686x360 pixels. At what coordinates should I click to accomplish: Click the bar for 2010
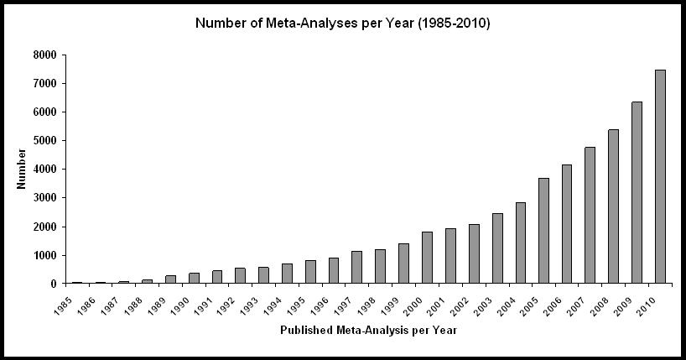pos(660,177)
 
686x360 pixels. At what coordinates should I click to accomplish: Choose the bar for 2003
pos(496,248)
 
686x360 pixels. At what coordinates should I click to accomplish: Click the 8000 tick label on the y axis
pos(45,55)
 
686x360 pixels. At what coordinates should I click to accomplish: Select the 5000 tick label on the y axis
pos(45,141)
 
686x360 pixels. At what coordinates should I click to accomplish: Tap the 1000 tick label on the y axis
pos(45,255)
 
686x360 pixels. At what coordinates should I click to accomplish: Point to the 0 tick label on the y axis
pos(53,284)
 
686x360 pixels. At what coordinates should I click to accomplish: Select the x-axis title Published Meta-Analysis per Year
pos(367,330)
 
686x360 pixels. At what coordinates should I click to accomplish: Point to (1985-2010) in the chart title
pos(450,23)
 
